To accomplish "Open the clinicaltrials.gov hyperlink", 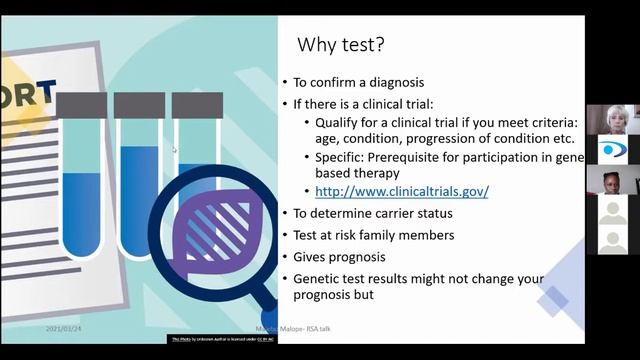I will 402,191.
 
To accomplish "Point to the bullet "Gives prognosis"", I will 339,256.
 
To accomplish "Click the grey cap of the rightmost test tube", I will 197,105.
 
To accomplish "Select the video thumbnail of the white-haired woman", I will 612,119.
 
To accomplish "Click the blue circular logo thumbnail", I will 612,150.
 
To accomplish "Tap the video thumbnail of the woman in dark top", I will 612,180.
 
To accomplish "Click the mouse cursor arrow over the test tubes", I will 174,150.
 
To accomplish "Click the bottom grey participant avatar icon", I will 612,241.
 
